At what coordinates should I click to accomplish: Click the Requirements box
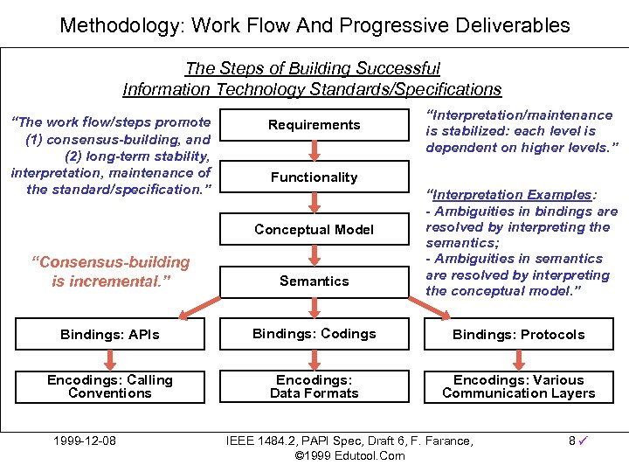[x=314, y=125]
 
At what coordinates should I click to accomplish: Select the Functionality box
[x=314, y=177]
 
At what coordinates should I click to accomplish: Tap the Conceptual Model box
[x=314, y=230]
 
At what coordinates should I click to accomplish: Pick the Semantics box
[x=314, y=281]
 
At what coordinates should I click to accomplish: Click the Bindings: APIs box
[x=110, y=335]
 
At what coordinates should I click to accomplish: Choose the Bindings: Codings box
[x=314, y=334]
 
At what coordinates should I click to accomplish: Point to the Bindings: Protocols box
[x=518, y=335]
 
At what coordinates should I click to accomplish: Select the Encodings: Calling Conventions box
[x=110, y=386]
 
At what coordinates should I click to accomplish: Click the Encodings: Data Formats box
[x=314, y=386]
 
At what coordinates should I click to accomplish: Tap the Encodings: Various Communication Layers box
[x=518, y=386]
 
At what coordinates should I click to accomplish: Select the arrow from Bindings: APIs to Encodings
[x=110, y=359]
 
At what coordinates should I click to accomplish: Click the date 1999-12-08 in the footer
[x=84, y=441]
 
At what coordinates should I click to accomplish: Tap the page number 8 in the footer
[x=571, y=441]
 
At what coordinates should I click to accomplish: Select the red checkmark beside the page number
[x=583, y=441]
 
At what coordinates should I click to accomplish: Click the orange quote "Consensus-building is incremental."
[x=110, y=272]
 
